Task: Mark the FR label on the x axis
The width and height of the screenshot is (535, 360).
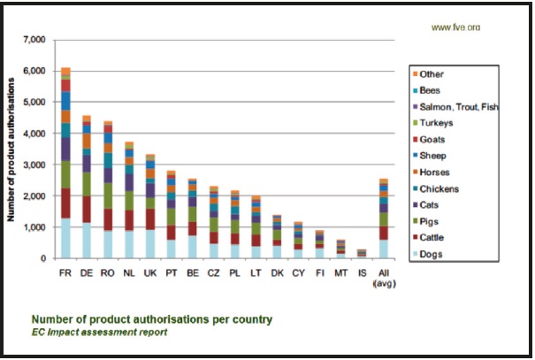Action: pyautogui.click(x=65, y=272)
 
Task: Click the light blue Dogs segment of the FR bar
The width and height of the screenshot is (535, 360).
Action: pyautogui.click(x=65, y=238)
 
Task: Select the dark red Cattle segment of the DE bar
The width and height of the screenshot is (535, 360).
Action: pyautogui.click(x=87, y=209)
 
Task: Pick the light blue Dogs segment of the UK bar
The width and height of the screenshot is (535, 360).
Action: pyautogui.click(x=150, y=243)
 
